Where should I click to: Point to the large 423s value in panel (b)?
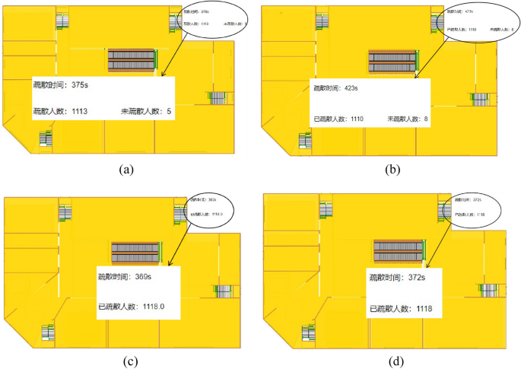pos(351,88)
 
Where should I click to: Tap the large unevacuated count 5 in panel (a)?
pos(169,111)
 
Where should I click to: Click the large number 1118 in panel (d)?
pos(424,309)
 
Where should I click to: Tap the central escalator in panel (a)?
pos(131,60)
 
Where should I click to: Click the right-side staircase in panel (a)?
pos(218,97)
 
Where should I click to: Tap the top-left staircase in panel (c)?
pos(65,212)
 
